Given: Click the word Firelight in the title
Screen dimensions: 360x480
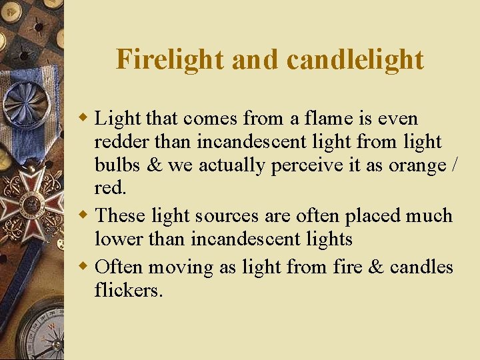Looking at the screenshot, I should pyautogui.click(x=170, y=59).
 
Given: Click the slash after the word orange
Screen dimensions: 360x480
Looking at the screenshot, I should pyautogui.click(x=455, y=165).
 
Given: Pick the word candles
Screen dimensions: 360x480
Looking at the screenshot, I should pyautogui.click(x=421, y=267).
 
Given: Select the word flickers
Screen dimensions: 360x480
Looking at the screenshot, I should pyautogui.click(x=129, y=290).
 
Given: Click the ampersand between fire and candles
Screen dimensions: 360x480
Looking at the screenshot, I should pyautogui.click(x=376, y=267).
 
